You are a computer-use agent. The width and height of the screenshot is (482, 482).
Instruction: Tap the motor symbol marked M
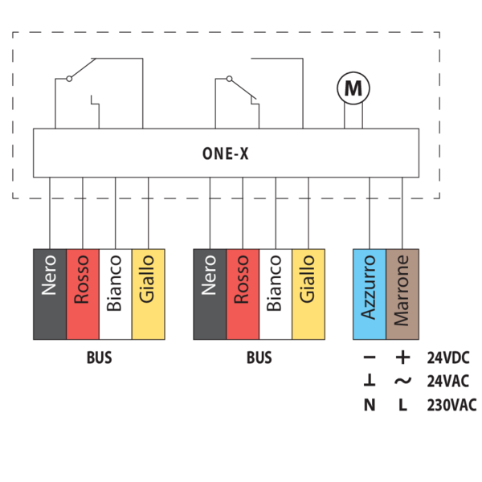pos(353,88)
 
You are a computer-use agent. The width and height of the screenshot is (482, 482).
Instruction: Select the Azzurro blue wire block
pos(370,294)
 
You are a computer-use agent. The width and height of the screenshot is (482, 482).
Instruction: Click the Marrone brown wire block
pos(402,294)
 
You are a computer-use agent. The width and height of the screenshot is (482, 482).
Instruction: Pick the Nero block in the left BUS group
pos(49,294)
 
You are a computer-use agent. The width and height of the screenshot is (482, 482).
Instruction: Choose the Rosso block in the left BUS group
pos(82,294)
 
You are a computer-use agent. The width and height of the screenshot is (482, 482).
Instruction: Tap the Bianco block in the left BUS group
pos(115,294)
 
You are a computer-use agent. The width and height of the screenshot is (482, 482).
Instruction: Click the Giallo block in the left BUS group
pos(148,294)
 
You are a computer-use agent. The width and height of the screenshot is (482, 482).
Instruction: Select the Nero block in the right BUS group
pos(210,294)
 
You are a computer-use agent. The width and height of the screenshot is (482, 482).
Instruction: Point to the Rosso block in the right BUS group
pos(243,294)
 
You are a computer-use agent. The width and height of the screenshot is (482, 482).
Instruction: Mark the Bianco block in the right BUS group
pos(276,294)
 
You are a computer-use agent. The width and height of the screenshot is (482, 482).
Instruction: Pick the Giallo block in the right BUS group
pos(308,294)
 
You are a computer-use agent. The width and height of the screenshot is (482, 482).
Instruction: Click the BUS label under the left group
pos(99,358)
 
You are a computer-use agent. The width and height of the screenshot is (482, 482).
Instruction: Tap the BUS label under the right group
pos(259,358)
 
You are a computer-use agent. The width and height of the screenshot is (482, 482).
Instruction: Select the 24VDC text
pos(450,358)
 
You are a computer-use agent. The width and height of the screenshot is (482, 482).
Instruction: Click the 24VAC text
pos(450,382)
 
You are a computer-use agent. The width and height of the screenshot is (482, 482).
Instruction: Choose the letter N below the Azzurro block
pos(370,405)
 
